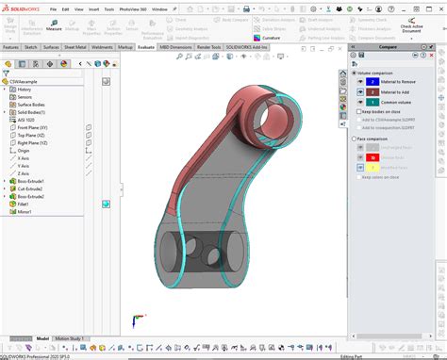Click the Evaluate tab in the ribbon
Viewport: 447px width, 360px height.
pyautogui.click(x=145, y=46)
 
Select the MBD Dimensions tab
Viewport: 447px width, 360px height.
pyautogui.click(x=176, y=46)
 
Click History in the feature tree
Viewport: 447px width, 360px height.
pyautogui.click(x=25, y=90)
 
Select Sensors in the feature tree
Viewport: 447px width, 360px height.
pyautogui.click(x=25, y=97)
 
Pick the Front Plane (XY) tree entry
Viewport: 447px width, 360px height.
pyautogui.click(x=33, y=127)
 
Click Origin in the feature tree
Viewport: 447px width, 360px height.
pyautogui.click(x=24, y=150)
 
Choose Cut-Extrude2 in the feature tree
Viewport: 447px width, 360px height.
pyautogui.click(x=31, y=188)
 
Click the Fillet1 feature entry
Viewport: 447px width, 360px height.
pyautogui.click(x=24, y=204)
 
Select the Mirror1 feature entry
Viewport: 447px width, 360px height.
pyautogui.click(x=25, y=211)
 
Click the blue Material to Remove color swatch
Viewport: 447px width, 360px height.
pyautogui.click(x=373, y=82)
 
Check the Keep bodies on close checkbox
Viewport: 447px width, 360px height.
pyautogui.click(x=356, y=111)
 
